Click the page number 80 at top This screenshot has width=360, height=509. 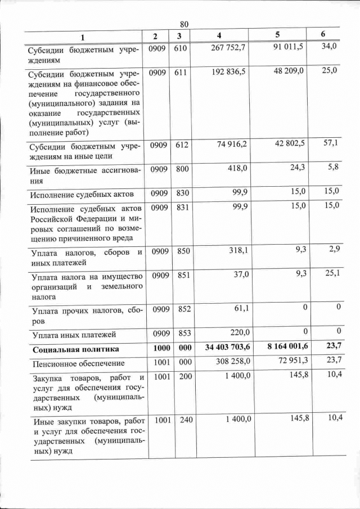[183, 24]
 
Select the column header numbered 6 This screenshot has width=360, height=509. [323, 34]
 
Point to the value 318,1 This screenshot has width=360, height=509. [236, 251]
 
